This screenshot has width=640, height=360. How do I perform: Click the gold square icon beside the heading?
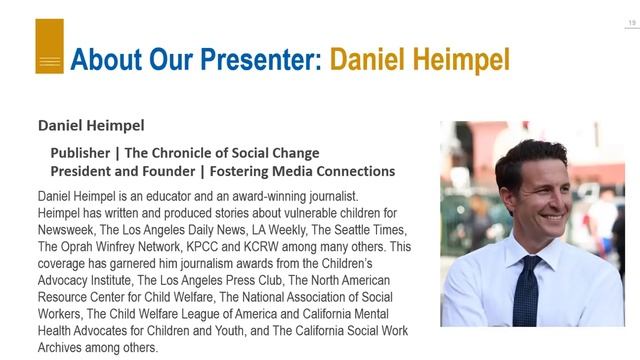point(49,47)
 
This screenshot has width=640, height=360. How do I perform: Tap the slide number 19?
point(631,7)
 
